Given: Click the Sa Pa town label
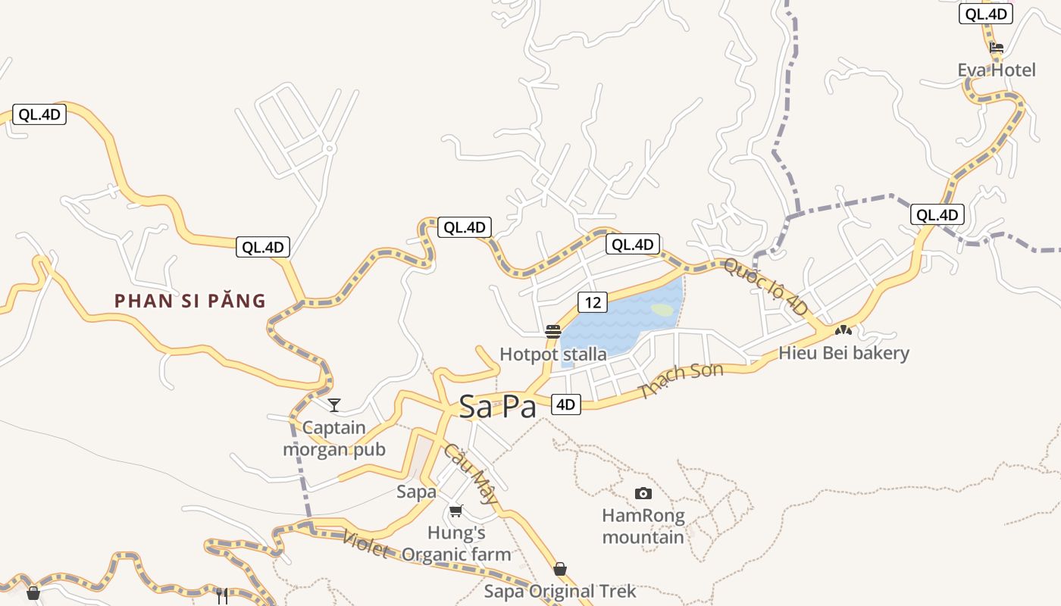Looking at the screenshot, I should point(497,408).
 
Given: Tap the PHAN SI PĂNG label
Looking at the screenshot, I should point(190,301).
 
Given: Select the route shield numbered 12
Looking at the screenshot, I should point(592,302).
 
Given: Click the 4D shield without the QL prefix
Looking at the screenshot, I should point(565,405).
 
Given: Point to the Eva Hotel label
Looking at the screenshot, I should point(996,70).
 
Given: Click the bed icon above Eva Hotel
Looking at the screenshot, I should point(997,48).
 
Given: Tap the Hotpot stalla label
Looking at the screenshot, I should point(552,355).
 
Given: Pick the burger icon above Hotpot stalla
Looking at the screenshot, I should point(553,332).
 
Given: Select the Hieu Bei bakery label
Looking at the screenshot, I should point(843,353).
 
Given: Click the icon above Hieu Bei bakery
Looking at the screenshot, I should point(843,330).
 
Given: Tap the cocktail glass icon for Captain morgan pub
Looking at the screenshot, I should point(334,405).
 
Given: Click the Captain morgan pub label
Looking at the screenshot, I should point(334,439).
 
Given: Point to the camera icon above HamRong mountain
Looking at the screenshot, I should point(643,494).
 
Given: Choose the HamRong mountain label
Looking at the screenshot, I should point(643,526).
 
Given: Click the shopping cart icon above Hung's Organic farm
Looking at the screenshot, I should point(455,511).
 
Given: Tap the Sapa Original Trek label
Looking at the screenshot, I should point(560,592).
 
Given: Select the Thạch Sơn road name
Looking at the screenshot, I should point(681,380).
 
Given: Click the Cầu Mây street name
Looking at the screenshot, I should point(471,474).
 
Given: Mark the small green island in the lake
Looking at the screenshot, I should point(662,310).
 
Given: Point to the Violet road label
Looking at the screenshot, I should point(365,543).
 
